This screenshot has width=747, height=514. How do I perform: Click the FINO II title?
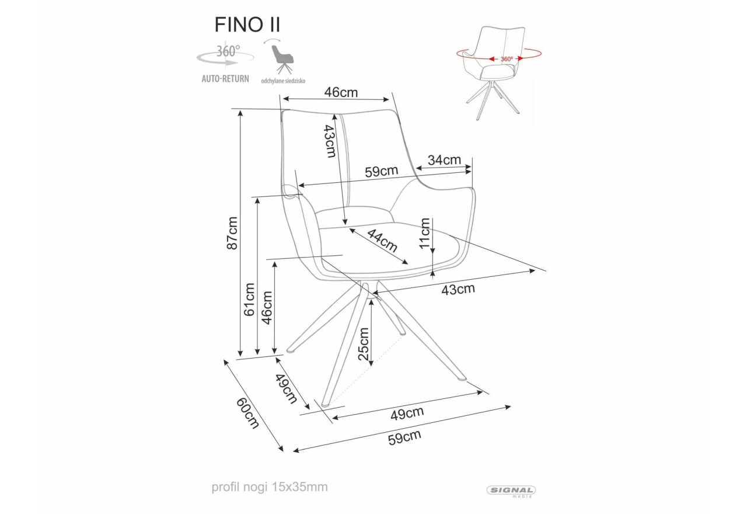pyautogui.click(x=247, y=25)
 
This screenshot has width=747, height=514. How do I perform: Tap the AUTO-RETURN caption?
pyautogui.click(x=225, y=79)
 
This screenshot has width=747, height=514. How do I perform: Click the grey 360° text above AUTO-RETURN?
pyautogui.click(x=228, y=51)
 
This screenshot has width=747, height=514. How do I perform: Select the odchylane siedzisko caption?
pyautogui.click(x=283, y=81)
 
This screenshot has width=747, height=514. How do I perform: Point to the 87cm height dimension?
pyautogui.click(x=232, y=233)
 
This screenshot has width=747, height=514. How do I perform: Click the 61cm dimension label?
pyautogui.click(x=249, y=300)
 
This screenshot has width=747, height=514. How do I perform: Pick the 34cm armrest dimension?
pyautogui.click(x=444, y=160)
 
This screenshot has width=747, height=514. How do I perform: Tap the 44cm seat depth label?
pyautogui.click(x=382, y=241)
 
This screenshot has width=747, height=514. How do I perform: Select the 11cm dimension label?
pyautogui.click(x=424, y=233)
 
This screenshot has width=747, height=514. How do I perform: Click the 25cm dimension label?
pyautogui.click(x=364, y=344)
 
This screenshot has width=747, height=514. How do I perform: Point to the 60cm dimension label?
pyautogui.click(x=247, y=413)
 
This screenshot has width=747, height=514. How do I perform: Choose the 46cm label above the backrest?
pyautogui.click(x=341, y=92)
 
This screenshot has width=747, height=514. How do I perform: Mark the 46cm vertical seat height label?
pyautogui.click(x=267, y=308)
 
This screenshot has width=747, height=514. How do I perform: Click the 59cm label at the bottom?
pyautogui.click(x=404, y=437)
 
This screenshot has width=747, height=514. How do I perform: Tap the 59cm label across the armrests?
pyautogui.click(x=382, y=171)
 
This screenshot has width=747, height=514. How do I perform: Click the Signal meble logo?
pyautogui.click(x=511, y=492)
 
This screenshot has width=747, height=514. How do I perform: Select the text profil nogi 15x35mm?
pyautogui.click(x=270, y=487)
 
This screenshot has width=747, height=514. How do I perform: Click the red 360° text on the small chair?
pyautogui.click(x=507, y=59)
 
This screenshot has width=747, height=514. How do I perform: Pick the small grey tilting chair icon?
pyautogui.click(x=282, y=59)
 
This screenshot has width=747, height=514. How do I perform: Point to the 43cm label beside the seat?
pyautogui.click(x=458, y=289)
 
